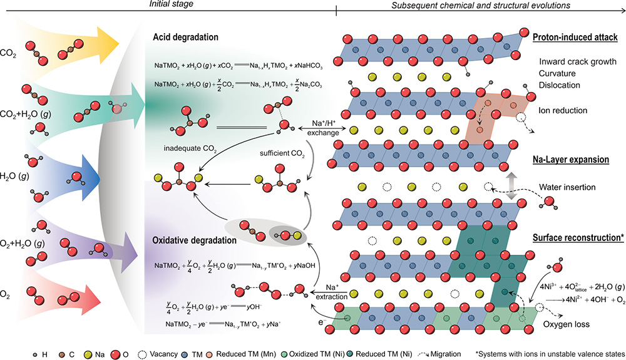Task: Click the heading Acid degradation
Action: pos(185,37)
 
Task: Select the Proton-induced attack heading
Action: pos(575,38)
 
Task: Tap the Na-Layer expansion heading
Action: pos(572,160)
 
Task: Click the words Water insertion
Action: pos(566,187)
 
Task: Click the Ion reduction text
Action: pos(562,110)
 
